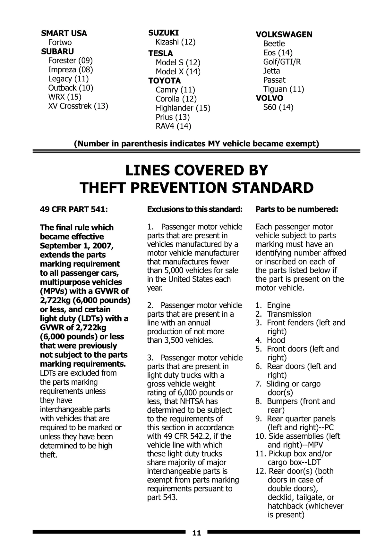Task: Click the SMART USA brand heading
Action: (x=64, y=33)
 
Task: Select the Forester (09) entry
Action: (x=70, y=61)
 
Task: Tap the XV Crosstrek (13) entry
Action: (x=78, y=106)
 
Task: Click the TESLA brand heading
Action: (x=160, y=53)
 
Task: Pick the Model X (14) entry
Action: (x=178, y=72)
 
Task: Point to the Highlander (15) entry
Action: (x=183, y=108)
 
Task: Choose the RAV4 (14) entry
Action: (x=173, y=126)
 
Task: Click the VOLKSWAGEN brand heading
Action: (x=284, y=35)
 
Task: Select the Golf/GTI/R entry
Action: (x=282, y=62)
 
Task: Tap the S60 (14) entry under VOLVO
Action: (x=278, y=107)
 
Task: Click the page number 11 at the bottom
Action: (x=196, y=533)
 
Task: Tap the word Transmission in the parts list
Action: (x=289, y=314)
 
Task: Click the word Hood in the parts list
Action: (x=276, y=340)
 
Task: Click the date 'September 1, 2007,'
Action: (x=77, y=246)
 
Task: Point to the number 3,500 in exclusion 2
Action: (x=173, y=340)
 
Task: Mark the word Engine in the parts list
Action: (x=278, y=305)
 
